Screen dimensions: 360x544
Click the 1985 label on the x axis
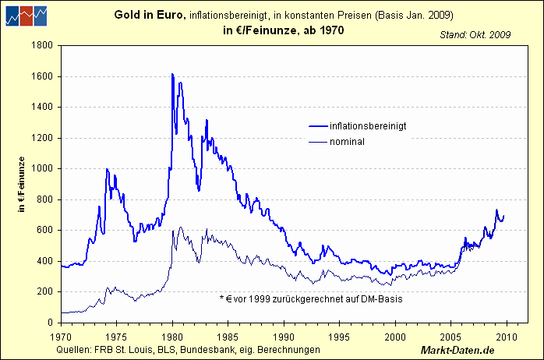tap(228, 337)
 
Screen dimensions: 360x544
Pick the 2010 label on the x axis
tap(507, 337)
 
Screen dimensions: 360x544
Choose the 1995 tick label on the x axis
tap(340, 337)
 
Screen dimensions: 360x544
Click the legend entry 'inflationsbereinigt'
tap(368, 125)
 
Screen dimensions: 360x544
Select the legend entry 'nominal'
tap(348, 142)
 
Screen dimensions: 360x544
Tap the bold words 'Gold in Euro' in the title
tap(148, 15)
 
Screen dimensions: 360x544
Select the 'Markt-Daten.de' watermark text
tap(458, 351)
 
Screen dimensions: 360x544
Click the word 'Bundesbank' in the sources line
tap(206, 349)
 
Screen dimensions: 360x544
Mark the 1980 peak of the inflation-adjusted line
tap(172, 74)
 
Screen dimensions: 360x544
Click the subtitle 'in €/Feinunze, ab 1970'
tap(278, 30)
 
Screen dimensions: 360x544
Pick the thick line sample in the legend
tap(317, 125)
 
